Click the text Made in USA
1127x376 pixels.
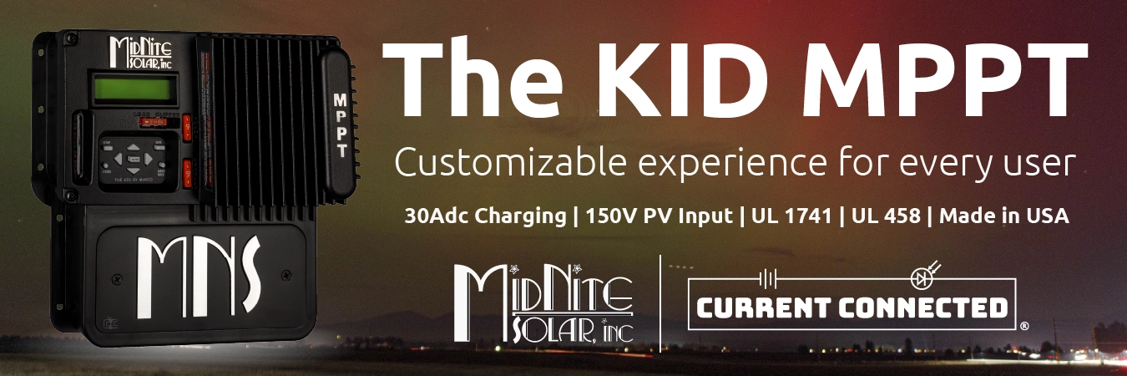[x=1005, y=216]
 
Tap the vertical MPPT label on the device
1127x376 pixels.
[x=341, y=125]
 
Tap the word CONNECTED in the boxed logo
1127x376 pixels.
[x=923, y=308]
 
